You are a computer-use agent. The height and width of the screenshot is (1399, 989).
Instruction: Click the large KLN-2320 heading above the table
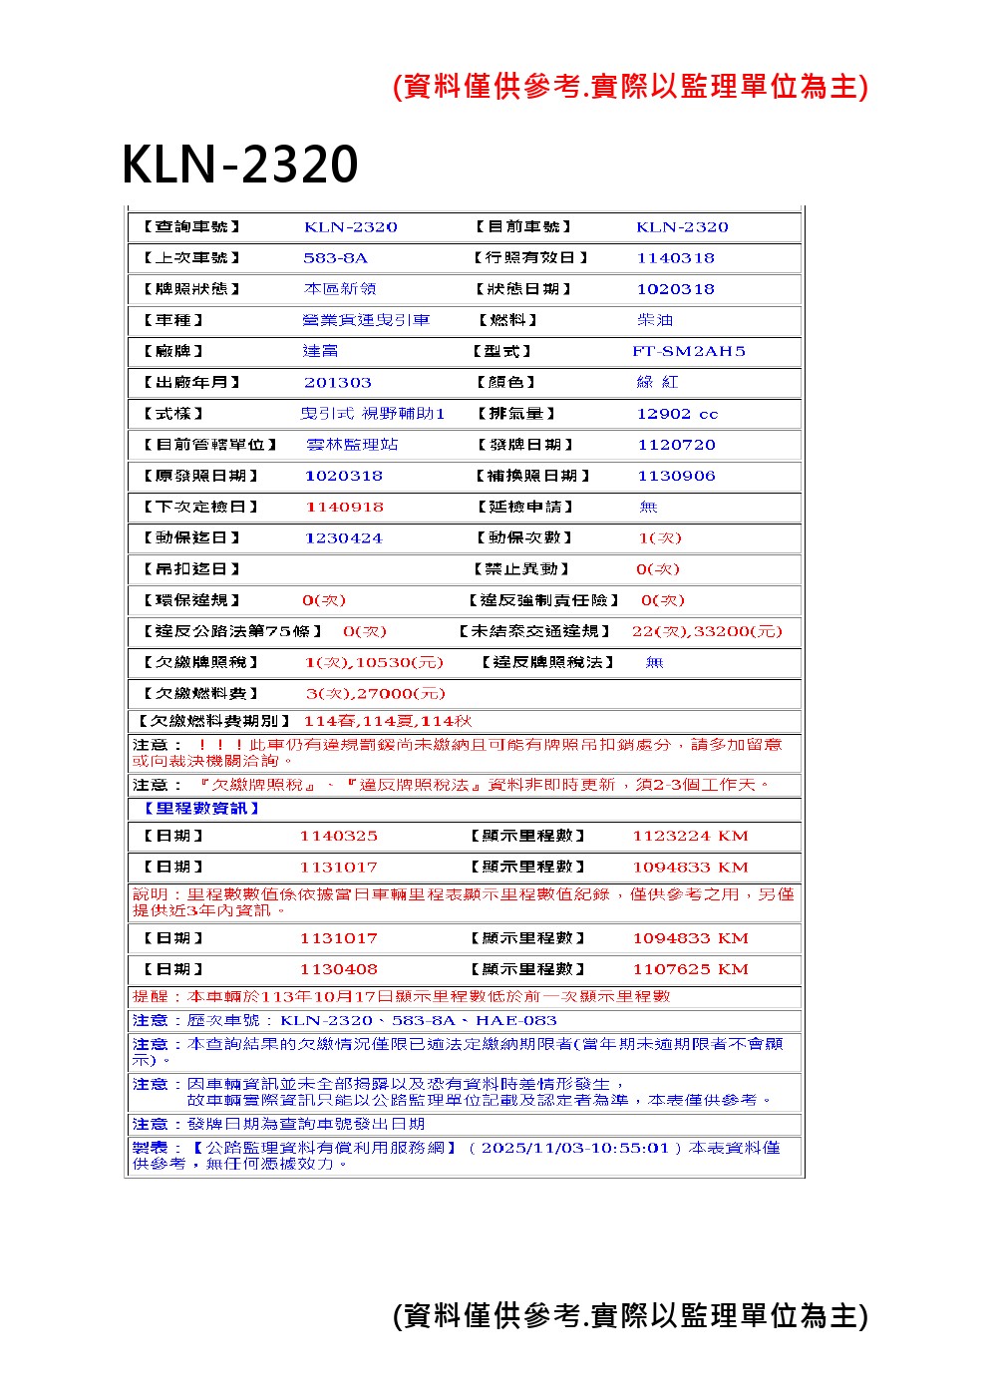(x=239, y=165)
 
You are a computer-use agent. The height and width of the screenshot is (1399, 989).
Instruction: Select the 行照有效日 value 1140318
(x=675, y=258)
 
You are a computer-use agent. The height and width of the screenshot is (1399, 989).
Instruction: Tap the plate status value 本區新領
(x=340, y=289)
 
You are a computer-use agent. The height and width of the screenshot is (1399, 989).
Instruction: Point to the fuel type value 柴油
(x=655, y=320)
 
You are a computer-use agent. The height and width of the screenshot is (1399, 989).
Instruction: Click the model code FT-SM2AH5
(x=688, y=351)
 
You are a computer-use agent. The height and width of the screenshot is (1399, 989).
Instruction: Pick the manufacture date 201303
(x=338, y=383)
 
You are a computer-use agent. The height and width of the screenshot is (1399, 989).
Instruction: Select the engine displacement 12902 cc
(x=677, y=414)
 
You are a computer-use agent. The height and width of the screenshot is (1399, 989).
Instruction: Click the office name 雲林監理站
(x=352, y=445)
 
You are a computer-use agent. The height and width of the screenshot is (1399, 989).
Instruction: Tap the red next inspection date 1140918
(x=344, y=507)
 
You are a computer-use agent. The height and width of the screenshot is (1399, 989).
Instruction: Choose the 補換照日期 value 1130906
(x=676, y=476)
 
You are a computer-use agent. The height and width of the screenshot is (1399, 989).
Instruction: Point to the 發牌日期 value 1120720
(x=676, y=445)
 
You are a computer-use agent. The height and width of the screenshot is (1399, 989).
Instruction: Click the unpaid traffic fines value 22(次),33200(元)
(x=707, y=631)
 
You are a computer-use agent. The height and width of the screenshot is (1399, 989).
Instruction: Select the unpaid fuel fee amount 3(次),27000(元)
(x=375, y=694)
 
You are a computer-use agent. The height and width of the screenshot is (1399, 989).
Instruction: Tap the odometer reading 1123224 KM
(x=690, y=837)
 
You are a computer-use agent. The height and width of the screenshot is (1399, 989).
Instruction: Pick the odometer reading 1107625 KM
(x=690, y=969)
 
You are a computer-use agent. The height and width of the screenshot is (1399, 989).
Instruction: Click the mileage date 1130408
(x=338, y=969)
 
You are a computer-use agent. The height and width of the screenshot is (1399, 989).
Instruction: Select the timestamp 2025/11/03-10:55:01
(x=574, y=1148)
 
